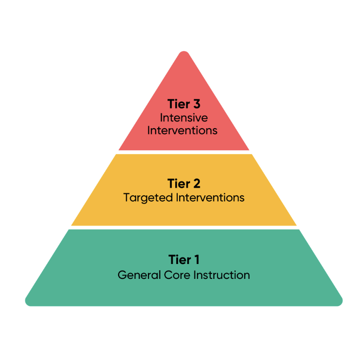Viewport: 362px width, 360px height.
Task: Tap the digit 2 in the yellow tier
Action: (x=196, y=183)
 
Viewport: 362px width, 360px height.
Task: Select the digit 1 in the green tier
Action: (x=196, y=260)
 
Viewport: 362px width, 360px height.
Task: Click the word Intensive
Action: (x=184, y=118)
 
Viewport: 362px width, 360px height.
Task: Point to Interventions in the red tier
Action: (x=182, y=130)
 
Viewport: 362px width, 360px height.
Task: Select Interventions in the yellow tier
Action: (x=209, y=197)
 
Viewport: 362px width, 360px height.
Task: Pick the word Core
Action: (x=176, y=275)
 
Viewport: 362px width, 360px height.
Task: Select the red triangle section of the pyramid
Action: (x=184, y=82)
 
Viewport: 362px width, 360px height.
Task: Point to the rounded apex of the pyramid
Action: (x=184, y=53)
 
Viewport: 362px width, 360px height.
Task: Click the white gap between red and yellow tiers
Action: (x=184, y=152)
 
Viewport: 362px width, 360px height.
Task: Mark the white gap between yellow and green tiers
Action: (x=184, y=228)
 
